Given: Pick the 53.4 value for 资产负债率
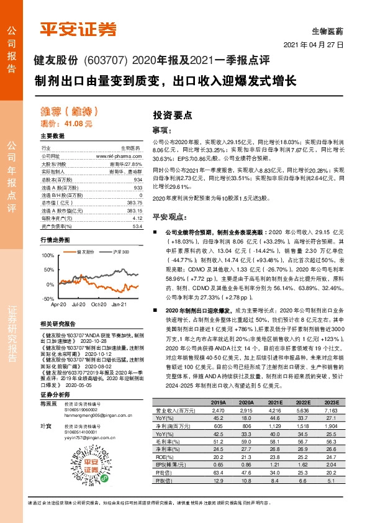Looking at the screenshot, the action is tap(138, 227).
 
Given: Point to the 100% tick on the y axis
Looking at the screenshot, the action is tap(47, 256).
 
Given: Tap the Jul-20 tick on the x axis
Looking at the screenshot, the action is tap(78, 305).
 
